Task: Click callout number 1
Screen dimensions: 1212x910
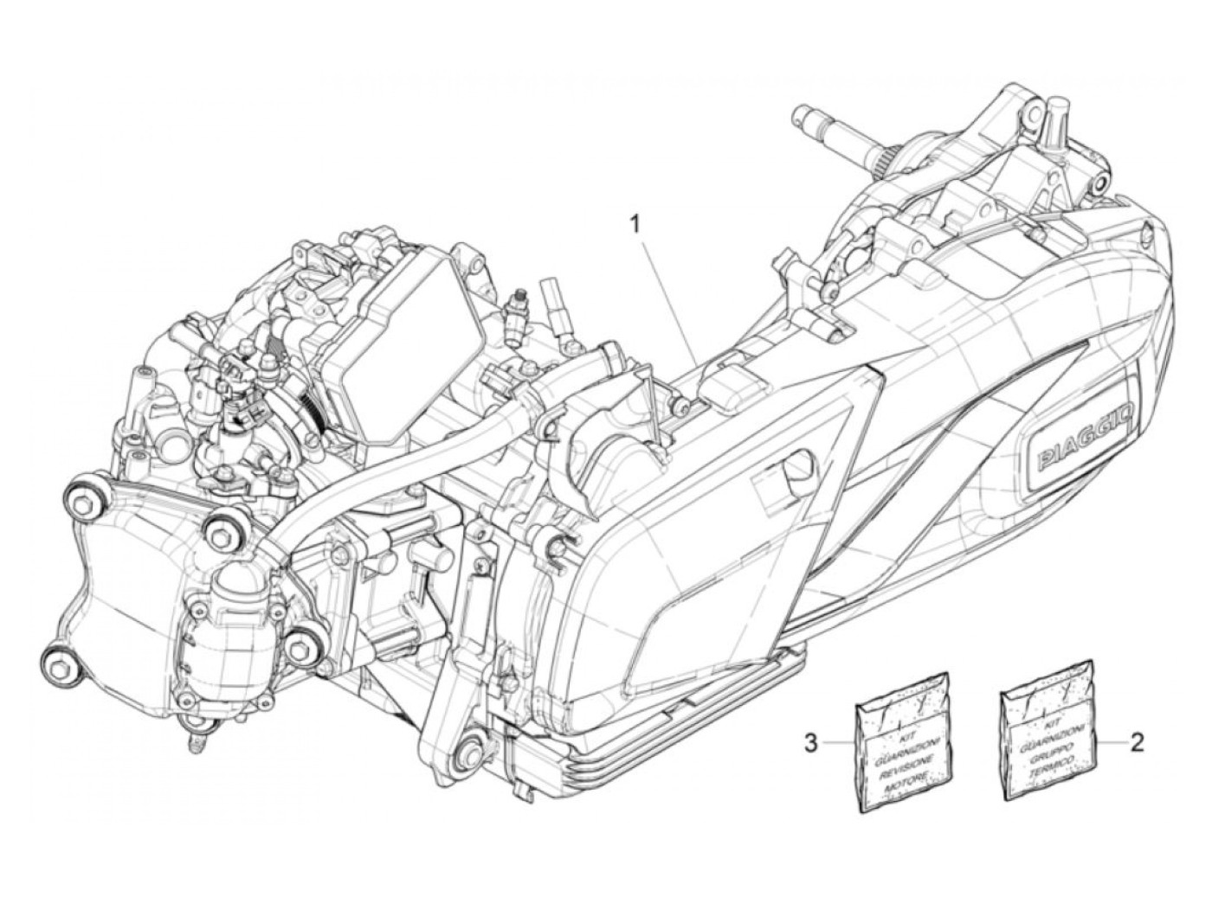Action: (635, 201)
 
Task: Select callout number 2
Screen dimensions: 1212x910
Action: (1138, 741)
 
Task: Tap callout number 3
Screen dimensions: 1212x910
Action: (810, 742)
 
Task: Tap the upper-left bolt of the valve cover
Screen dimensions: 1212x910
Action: (84, 497)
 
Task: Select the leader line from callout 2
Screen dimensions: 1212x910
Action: (1112, 741)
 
